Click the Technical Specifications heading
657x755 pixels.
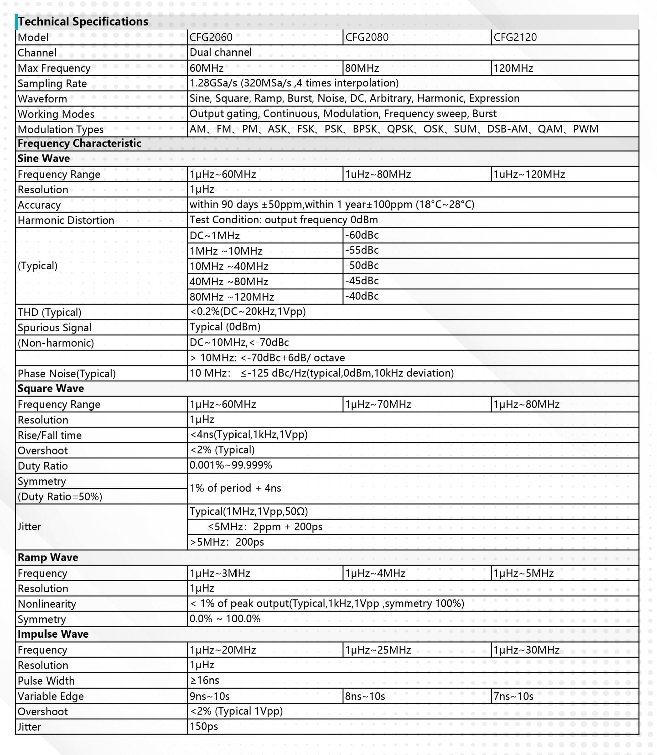[83, 22]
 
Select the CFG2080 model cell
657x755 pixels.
[367, 37]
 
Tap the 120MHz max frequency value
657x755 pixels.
[513, 68]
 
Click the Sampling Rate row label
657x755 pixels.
[52, 83]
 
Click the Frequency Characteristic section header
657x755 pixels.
[79, 143]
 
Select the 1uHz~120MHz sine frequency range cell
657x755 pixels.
[529, 174]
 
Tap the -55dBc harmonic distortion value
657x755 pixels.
[361, 250]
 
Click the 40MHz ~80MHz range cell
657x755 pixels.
[229, 282]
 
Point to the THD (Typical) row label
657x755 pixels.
[50, 312]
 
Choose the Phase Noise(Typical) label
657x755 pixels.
[66, 374]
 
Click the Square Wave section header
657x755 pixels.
[51, 389]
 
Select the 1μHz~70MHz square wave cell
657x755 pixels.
[378, 405]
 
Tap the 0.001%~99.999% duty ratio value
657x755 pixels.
[231, 465]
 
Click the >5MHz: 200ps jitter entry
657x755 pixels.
[226, 542]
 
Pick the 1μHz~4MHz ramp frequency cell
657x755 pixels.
[375, 573]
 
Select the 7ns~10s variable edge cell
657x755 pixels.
[513, 696]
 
